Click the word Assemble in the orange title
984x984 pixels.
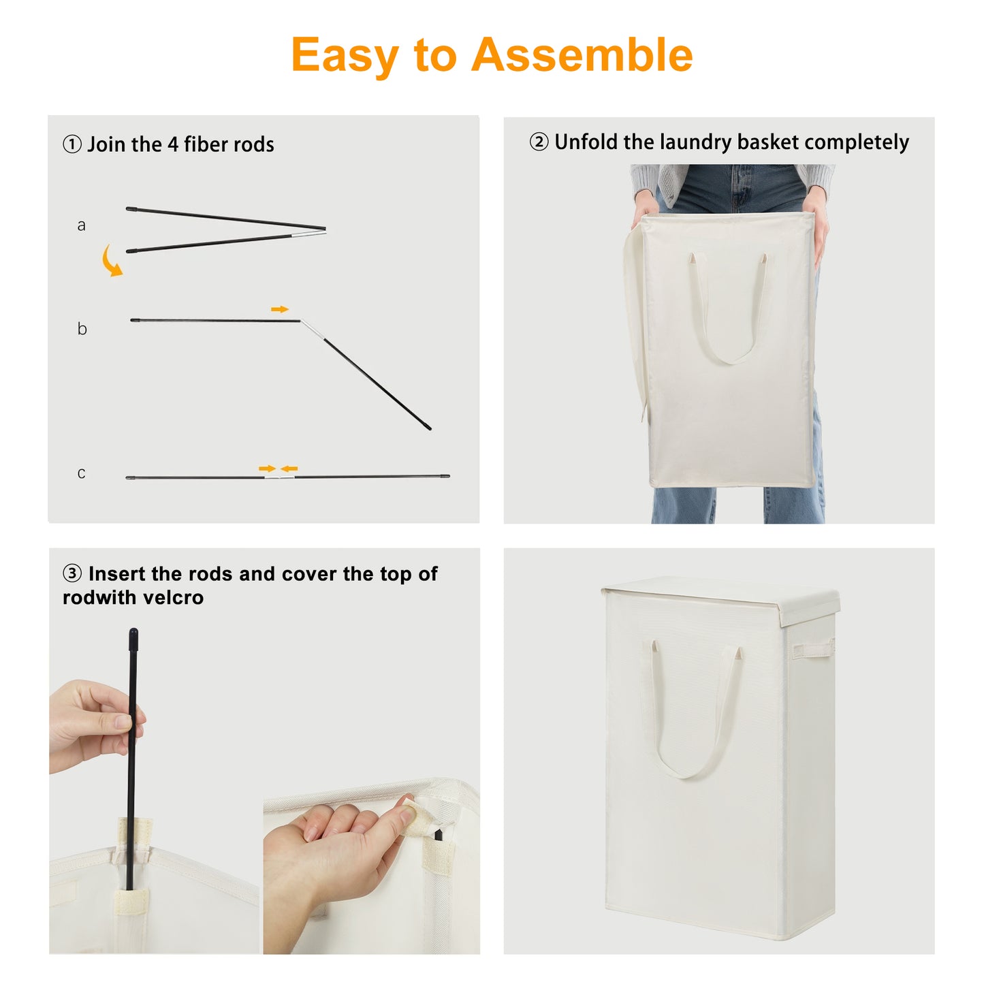(582, 54)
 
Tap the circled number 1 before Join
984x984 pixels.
(72, 144)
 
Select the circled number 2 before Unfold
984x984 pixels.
(539, 142)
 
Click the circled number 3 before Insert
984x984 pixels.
(72, 573)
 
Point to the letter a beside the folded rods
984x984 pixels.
(81, 225)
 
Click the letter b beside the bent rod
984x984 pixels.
(82, 328)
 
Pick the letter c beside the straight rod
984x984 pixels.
(81, 473)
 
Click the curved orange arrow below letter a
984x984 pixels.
(111, 261)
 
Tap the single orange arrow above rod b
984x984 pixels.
(280, 309)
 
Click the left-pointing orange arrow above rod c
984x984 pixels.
(289, 469)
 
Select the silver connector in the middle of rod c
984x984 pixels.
(280, 477)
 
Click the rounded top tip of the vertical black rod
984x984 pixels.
(133, 634)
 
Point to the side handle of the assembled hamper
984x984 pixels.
(812, 650)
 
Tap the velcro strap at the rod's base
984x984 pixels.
(131, 902)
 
